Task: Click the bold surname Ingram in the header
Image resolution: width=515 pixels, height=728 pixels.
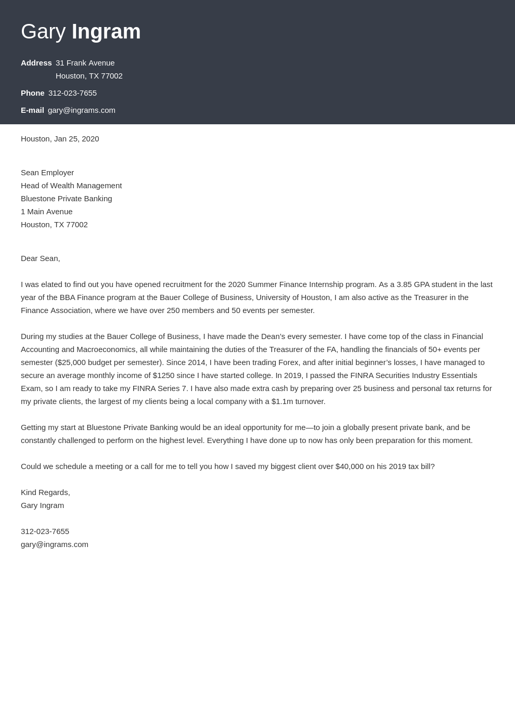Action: coord(106,32)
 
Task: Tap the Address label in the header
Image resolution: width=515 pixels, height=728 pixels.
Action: coord(36,63)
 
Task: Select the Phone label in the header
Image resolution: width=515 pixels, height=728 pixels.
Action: coord(32,93)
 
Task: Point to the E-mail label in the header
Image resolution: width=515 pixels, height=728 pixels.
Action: coord(32,110)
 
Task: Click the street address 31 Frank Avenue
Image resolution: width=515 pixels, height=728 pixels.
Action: coord(85,63)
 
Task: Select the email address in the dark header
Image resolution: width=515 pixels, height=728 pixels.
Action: coord(82,110)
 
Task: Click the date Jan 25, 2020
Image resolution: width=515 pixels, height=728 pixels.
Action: coord(76,139)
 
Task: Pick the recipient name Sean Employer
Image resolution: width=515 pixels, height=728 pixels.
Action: coord(47,173)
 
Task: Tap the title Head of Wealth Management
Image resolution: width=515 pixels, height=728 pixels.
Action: coord(71,186)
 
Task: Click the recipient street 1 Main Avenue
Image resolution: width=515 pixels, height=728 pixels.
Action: coord(46,212)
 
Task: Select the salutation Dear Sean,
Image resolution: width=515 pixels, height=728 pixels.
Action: coord(40,258)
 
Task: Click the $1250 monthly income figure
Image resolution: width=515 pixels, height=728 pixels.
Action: coord(163,375)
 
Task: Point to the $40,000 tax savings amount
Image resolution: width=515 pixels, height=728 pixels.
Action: coord(350,466)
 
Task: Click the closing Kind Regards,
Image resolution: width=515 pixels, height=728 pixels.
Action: coord(45,492)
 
